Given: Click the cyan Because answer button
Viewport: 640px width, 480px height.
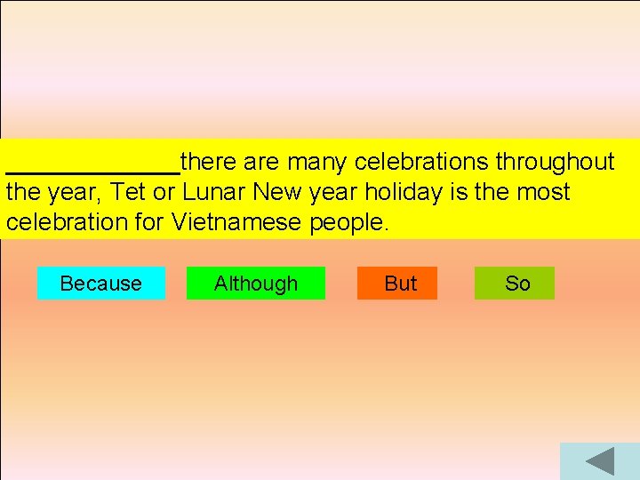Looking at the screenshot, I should coord(100,284).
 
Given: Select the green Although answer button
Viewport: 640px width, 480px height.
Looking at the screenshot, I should coord(256,284).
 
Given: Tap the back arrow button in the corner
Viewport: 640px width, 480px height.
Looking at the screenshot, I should coord(600,462).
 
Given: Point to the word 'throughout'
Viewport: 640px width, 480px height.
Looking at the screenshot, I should coord(555,162).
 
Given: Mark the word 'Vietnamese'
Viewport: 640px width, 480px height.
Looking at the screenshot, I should coord(237,222).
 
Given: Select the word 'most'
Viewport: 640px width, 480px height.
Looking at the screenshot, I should coord(541,192).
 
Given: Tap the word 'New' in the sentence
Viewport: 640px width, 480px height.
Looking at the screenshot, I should coord(276,192).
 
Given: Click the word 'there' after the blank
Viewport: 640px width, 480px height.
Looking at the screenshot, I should coord(211,162).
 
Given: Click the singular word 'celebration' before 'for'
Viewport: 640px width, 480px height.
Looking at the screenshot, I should coord(68,222).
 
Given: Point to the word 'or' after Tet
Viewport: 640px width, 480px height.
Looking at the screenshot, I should coord(166,193).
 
